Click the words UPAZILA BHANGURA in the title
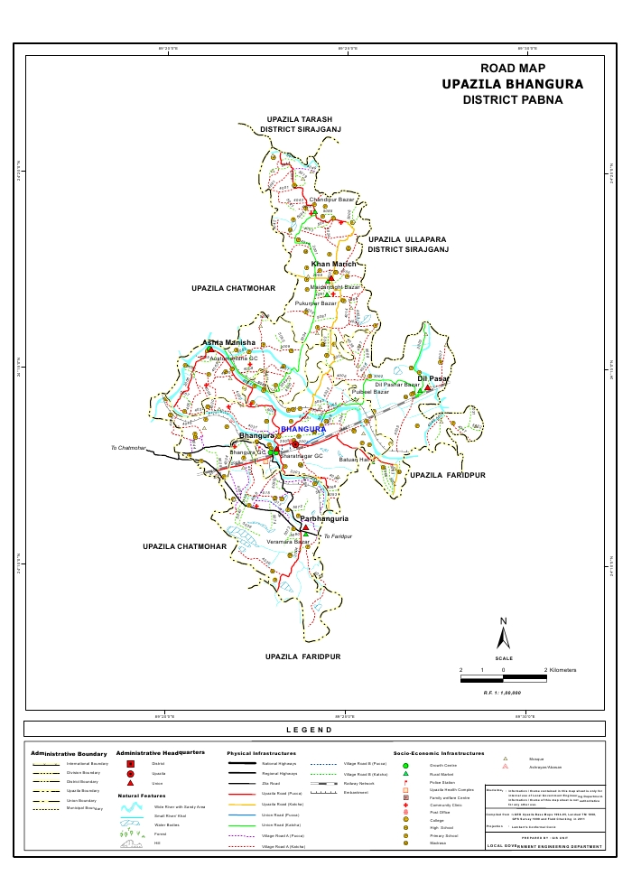pyautogui.click(x=513, y=84)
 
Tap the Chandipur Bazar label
pyautogui.click(x=330, y=199)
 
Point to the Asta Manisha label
pyautogui.click(x=229, y=343)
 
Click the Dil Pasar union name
pyautogui.click(x=432, y=378)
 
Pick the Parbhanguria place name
pyautogui.click(x=324, y=520)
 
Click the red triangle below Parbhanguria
pyautogui.click(x=305, y=528)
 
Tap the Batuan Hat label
pyautogui.click(x=356, y=461)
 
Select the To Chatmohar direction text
pyautogui.click(x=128, y=448)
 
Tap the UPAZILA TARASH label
pyautogui.click(x=300, y=119)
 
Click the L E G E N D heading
pyautogui.click(x=310, y=730)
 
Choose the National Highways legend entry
pyautogui.click(x=279, y=764)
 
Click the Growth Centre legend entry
pyautogui.click(x=442, y=765)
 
